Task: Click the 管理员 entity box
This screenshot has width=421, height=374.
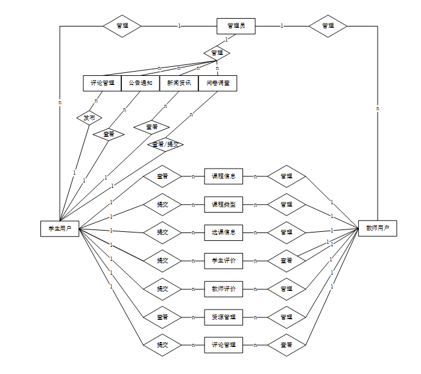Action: click(236, 26)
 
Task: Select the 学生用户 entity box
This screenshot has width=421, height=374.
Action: click(60, 228)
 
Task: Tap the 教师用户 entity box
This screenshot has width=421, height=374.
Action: click(378, 228)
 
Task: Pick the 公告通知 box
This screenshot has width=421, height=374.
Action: click(141, 83)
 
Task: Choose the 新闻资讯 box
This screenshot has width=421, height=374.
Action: click(179, 83)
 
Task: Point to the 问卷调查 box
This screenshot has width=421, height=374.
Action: click(218, 83)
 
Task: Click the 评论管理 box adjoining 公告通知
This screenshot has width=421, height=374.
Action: click(102, 83)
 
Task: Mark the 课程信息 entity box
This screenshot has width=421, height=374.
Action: click(224, 176)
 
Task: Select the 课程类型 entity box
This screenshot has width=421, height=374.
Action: click(224, 205)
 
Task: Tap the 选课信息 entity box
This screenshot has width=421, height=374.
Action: click(224, 232)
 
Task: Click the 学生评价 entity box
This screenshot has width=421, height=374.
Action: click(224, 261)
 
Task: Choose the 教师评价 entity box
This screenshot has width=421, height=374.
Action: click(224, 289)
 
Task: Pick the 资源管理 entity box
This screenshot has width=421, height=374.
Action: click(224, 317)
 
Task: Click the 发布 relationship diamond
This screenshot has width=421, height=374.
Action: click(89, 117)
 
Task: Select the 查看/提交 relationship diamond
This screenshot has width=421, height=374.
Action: click(165, 145)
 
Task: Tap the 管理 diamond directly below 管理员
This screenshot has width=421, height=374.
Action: click(217, 53)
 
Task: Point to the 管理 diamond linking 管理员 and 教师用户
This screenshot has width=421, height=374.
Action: click(328, 26)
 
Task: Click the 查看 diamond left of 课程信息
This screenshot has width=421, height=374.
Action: click(162, 176)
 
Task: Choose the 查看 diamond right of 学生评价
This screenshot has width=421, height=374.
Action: click(286, 261)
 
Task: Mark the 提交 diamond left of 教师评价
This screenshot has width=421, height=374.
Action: click(162, 289)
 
